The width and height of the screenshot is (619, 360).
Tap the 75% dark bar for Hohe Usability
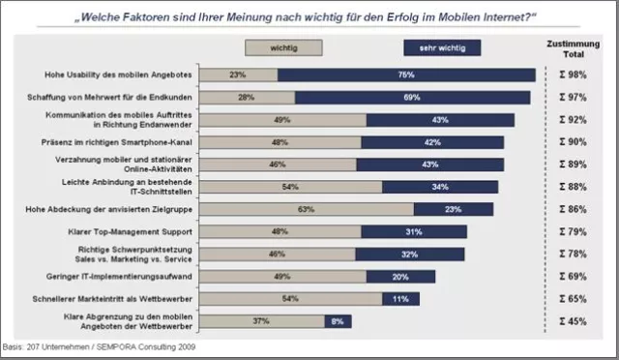coord(406,75)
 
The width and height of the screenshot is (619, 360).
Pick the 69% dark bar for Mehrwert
coord(412,97)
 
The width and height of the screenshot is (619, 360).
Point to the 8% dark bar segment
coord(337,320)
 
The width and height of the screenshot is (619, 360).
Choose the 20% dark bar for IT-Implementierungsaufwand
coord(399,276)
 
